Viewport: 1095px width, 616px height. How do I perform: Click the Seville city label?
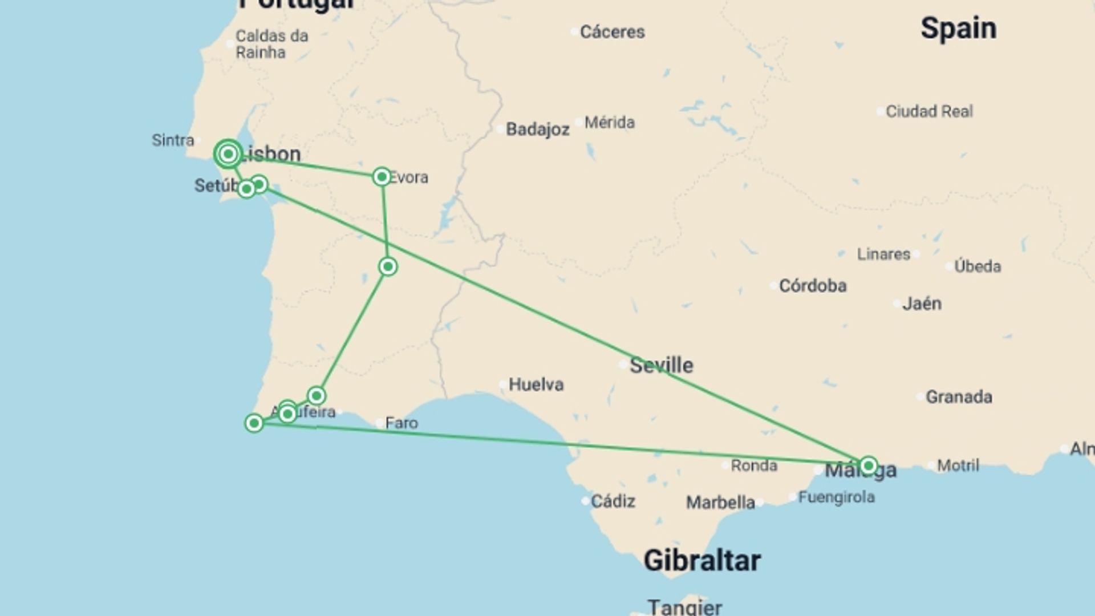coord(661,365)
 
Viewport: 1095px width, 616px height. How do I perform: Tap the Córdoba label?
coord(812,285)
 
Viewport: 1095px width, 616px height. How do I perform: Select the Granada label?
coord(958,396)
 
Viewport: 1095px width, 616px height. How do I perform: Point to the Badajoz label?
coord(537,129)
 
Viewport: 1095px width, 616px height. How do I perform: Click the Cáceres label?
coord(612,32)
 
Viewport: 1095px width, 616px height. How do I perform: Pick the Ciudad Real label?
coord(929,111)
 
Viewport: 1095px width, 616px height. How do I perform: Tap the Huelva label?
coord(536,384)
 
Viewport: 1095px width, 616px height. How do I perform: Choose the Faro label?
coord(401,423)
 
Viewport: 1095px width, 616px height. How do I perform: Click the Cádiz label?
coord(613,501)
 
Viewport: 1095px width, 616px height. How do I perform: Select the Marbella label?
coord(720,502)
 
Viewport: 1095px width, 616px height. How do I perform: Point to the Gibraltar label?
coord(701,561)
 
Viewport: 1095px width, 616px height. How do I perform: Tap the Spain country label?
coord(958,29)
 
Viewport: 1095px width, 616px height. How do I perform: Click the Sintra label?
coord(173,140)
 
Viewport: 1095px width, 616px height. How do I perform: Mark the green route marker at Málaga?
coord(868,465)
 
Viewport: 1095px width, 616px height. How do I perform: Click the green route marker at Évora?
coord(382,177)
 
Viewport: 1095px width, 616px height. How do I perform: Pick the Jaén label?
coord(922,303)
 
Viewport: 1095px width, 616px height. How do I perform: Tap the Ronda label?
coord(753,465)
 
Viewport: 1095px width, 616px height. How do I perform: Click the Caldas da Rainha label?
coord(271,44)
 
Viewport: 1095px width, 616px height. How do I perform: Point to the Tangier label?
coord(684,607)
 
